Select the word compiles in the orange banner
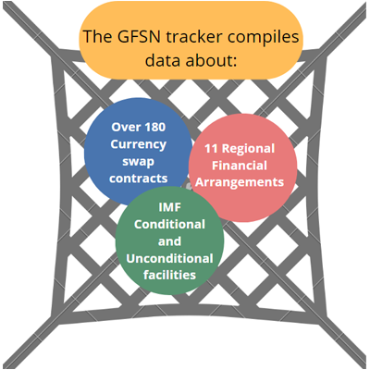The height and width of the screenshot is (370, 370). tap(263, 37)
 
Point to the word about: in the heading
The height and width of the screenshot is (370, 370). tap(210, 59)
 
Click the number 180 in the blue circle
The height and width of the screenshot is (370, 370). tap(154, 127)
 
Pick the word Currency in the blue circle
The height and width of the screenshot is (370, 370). tap(139, 144)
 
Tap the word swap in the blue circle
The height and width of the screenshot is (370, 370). tap(139, 162)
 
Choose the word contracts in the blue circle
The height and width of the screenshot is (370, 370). tap(139, 179)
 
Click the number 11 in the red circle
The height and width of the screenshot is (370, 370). tap(211, 149)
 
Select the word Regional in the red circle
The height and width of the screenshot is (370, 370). tap(248, 149)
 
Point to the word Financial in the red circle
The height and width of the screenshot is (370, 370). tap(240, 166)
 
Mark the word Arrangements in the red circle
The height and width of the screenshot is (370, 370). tap(240, 182)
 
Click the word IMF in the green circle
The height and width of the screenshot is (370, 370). tap(169, 207)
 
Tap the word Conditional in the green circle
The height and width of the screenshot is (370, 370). tap(169, 224)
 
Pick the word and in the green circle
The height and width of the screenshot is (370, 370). tap(169, 241)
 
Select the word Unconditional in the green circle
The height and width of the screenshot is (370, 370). tap(169, 258)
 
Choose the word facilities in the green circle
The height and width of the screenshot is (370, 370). tap(169, 275)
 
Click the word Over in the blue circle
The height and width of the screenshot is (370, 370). tap(124, 127)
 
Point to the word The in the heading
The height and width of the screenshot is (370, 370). tap(98, 36)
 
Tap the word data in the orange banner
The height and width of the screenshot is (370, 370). tap(163, 59)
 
